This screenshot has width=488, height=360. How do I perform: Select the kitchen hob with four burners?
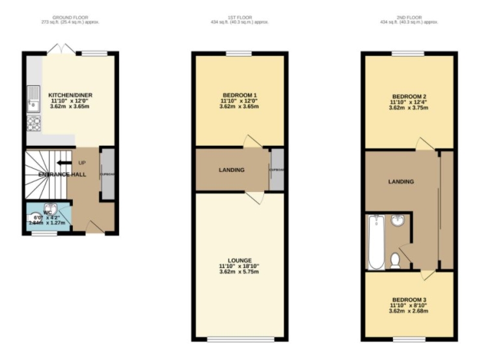point(33,123)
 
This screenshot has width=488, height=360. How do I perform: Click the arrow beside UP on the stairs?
point(62,163)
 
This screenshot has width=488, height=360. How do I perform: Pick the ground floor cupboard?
point(106,173)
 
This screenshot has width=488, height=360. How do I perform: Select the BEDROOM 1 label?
point(239,96)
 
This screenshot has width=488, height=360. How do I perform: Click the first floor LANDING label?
point(231,170)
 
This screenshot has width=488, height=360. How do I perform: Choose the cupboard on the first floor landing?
point(277,170)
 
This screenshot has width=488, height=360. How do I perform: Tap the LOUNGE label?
point(239,260)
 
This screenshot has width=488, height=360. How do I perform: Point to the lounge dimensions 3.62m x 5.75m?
point(239,271)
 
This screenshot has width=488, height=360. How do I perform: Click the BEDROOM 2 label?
point(409,96)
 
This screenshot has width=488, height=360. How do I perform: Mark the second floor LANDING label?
point(401,182)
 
